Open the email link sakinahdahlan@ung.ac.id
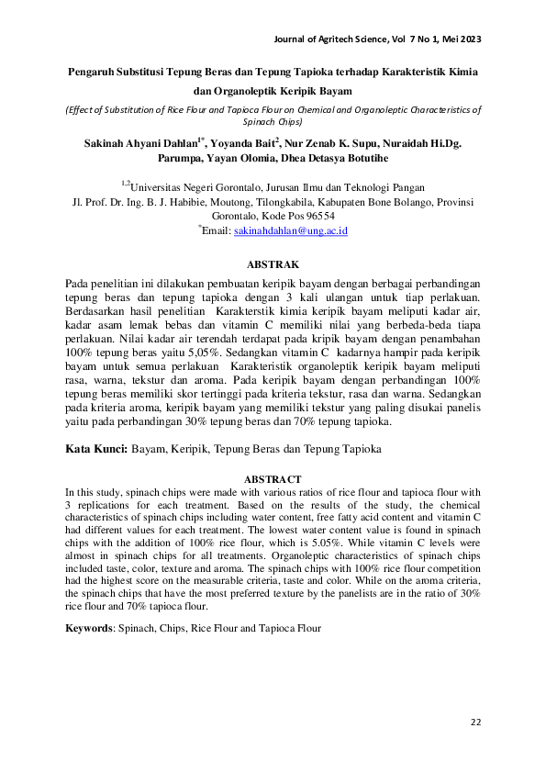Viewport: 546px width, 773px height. point(291,232)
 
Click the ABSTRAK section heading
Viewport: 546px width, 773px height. point(273,263)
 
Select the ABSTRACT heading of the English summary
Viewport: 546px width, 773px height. point(273,479)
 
